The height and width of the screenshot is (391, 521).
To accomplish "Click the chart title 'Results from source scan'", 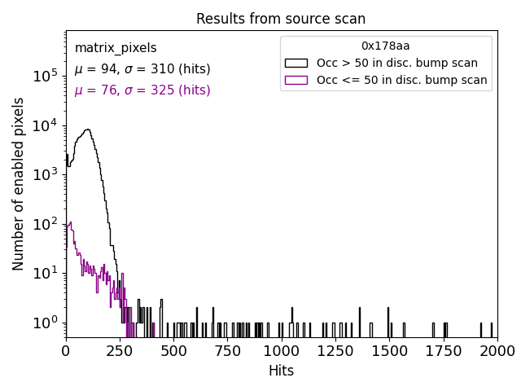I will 281,19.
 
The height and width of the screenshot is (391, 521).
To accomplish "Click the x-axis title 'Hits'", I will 281,371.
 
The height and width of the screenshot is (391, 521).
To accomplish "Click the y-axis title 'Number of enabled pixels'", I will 19,184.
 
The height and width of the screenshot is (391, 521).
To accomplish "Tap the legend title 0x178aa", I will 385,46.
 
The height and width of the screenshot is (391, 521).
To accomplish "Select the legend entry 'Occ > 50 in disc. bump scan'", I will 396,63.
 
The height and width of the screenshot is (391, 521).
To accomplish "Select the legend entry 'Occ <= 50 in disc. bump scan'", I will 401,80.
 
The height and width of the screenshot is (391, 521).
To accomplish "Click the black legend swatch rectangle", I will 296,63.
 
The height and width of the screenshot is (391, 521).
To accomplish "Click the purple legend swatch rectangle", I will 296,80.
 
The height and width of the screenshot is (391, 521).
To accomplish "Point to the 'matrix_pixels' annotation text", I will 116,48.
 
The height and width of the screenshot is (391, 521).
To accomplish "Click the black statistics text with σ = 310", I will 142,69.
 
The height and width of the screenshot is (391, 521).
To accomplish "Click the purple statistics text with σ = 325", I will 142,90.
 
